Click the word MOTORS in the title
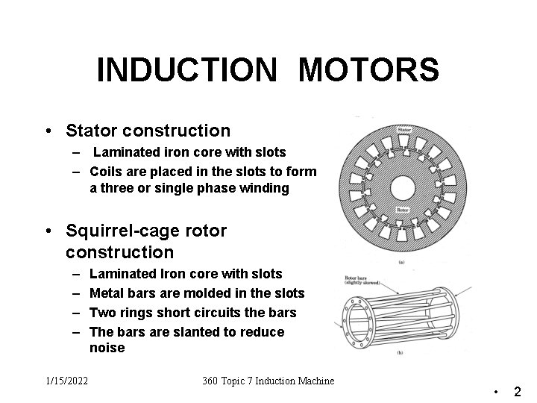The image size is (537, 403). coord(368,70)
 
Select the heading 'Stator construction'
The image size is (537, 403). coord(148,131)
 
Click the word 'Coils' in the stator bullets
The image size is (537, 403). coord(107,172)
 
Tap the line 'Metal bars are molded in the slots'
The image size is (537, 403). coord(196,293)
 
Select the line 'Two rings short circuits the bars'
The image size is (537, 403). coord(192,312)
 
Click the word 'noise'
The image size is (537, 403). coord(107,348)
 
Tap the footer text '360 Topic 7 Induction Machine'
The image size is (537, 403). coord(268,381)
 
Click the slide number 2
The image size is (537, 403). coord(517,391)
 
